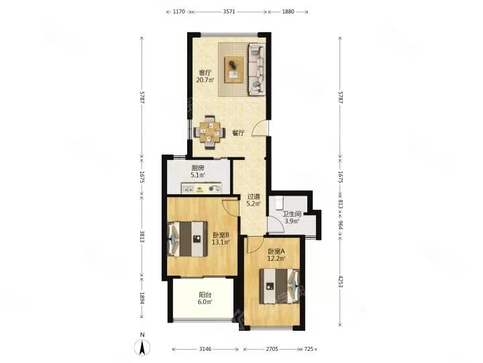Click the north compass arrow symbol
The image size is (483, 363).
[x=142, y=348]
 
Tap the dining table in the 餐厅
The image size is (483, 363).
[x=209, y=132]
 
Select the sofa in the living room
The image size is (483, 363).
[x=257, y=69]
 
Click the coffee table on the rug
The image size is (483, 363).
[x=234, y=69]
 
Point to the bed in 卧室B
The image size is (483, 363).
[x=187, y=239]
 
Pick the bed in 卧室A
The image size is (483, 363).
[x=279, y=286]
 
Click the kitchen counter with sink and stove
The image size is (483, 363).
[x=201, y=188]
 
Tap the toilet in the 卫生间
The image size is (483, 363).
[x=280, y=202]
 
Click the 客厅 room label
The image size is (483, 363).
[x=205, y=73]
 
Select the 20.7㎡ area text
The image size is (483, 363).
[x=205, y=80]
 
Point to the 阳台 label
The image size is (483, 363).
[x=205, y=295]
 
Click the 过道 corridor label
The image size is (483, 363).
[x=254, y=196]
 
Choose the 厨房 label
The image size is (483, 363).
[x=198, y=168]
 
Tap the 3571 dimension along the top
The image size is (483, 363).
[x=229, y=11]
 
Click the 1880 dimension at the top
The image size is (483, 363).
[x=288, y=11]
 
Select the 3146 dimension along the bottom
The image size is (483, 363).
[x=205, y=349]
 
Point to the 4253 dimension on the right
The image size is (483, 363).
[x=340, y=282]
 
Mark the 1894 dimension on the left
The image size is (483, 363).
[x=142, y=298]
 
